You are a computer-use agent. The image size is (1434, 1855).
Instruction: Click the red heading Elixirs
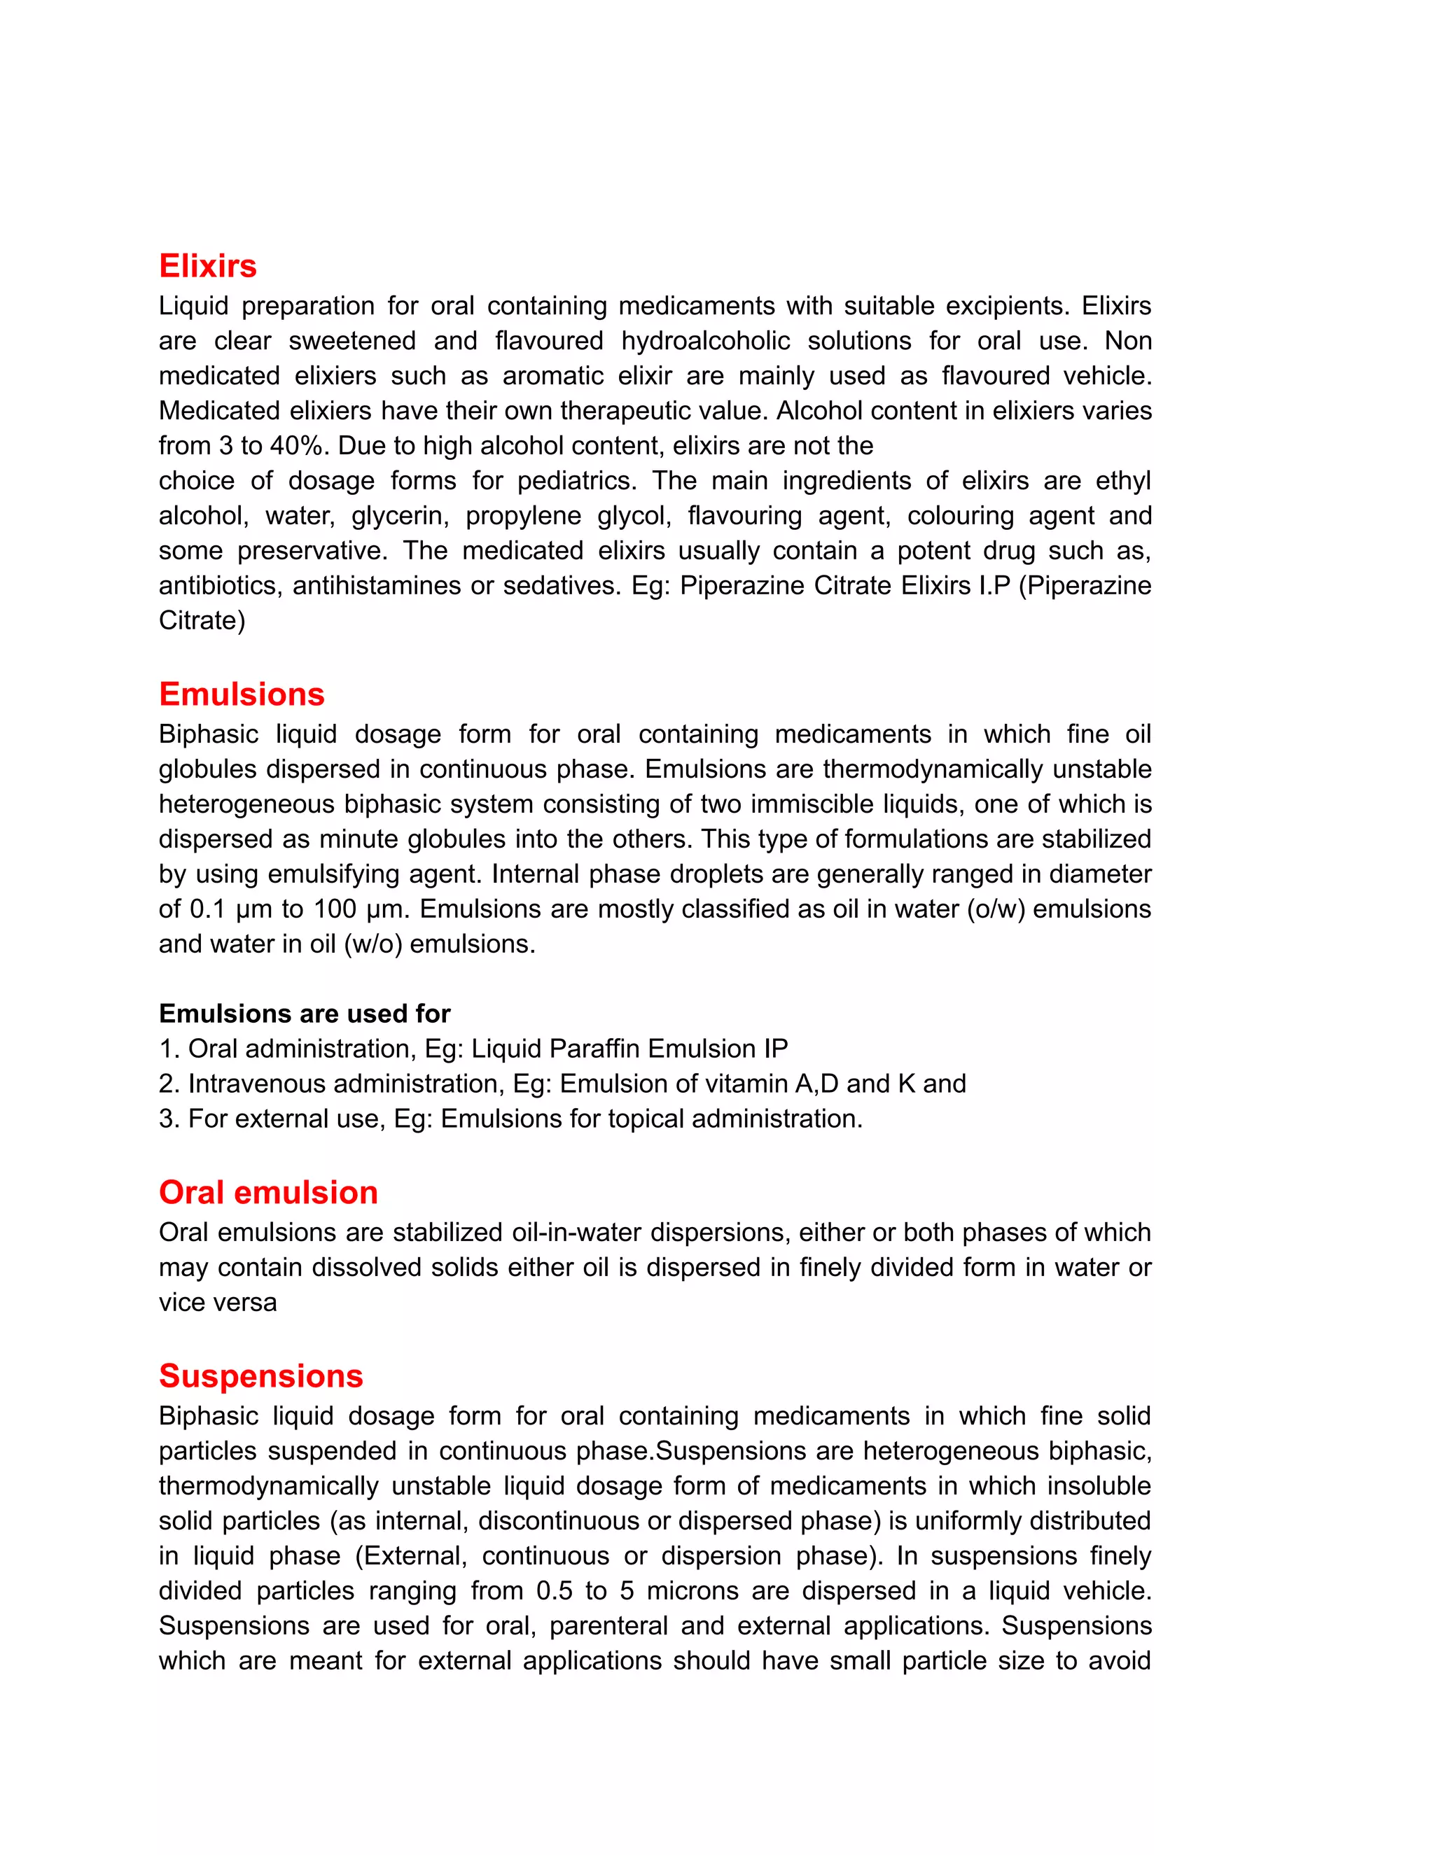click(207, 266)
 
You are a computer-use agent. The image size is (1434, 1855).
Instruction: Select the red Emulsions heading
click(242, 694)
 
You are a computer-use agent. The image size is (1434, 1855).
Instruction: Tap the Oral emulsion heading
click(267, 1193)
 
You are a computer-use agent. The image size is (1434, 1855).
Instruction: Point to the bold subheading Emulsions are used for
click(304, 1014)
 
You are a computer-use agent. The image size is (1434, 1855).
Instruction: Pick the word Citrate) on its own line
click(202, 621)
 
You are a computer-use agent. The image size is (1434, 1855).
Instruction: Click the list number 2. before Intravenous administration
click(168, 1084)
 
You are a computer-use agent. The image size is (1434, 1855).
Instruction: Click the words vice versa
click(218, 1303)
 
